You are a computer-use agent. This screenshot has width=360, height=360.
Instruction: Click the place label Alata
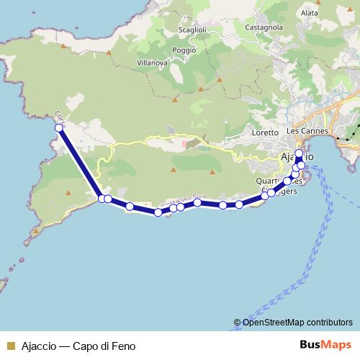coord(310,12)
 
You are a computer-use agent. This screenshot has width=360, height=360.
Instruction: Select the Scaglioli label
coord(193,30)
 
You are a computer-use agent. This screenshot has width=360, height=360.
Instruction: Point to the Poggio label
coord(184,50)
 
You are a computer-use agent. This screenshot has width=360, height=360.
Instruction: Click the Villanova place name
coord(152,63)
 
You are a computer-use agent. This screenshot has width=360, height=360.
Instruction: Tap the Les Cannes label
coord(307,132)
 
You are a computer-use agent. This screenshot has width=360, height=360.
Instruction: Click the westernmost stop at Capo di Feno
coord(58,127)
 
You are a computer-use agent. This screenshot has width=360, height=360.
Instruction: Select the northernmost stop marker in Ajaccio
coord(299,153)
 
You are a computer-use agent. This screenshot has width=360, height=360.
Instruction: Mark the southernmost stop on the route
coord(158,212)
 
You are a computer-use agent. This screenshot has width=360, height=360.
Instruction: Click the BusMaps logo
coord(327,345)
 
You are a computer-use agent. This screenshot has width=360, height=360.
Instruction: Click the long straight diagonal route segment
coord(79,163)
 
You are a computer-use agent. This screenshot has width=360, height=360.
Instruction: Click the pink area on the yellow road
coord(189,143)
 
